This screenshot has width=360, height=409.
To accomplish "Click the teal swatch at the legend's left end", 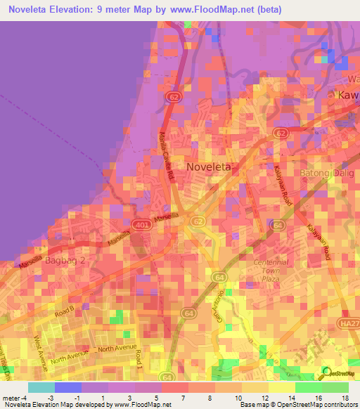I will [x=41, y=387].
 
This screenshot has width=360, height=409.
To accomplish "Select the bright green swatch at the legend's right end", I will [x=335, y=387].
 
